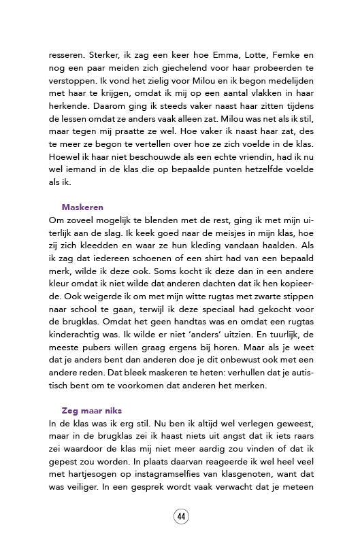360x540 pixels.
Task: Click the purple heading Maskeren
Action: click(x=82, y=207)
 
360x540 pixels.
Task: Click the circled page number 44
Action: click(x=181, y=516)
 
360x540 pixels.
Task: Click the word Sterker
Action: click(x=99, y=55)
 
